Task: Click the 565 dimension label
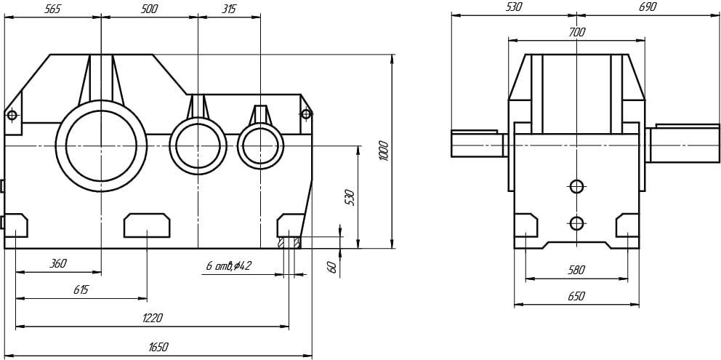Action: coord(52,9)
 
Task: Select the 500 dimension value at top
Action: coord(148,9)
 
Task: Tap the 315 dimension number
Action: coord(228,9)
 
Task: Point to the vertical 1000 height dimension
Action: coord(384,151)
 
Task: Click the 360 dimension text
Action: coord(58,264)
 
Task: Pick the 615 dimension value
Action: coord(80,290)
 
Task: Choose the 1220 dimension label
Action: coord(152,318)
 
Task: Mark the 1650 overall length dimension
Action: coord(158,348)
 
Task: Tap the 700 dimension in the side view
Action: coord(576,33)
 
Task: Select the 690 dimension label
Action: coord(647,7)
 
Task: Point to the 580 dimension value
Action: coord(576,270)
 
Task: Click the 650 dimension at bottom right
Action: coord(576,297)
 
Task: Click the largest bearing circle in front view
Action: coord(101,145)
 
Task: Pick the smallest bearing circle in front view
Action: coord(260,146)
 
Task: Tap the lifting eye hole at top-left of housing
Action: coord(12,115)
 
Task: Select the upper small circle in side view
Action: coord(576,187)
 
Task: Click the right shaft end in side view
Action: coord(684,143)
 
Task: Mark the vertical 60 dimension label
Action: coord(332,266)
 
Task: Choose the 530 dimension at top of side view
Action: coord(513,7)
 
